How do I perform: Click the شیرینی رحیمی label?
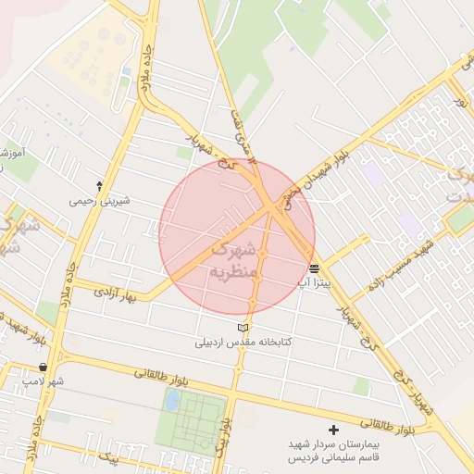(x=100, y=200)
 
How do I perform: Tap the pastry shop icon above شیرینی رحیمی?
(x=100, y=186)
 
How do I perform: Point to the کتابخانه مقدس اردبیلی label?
(x=243, y=342)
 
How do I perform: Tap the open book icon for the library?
(x=243, y=328)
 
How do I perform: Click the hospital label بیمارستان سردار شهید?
(x=333, y=444)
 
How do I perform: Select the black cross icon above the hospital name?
(x=334, y=430)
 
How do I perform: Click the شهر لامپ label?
(x=44, y=380)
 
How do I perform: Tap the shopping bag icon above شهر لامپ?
(x=44, y=368)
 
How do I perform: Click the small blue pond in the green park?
(x=172, y=400)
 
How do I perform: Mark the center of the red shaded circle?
(x=237, y=237)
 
